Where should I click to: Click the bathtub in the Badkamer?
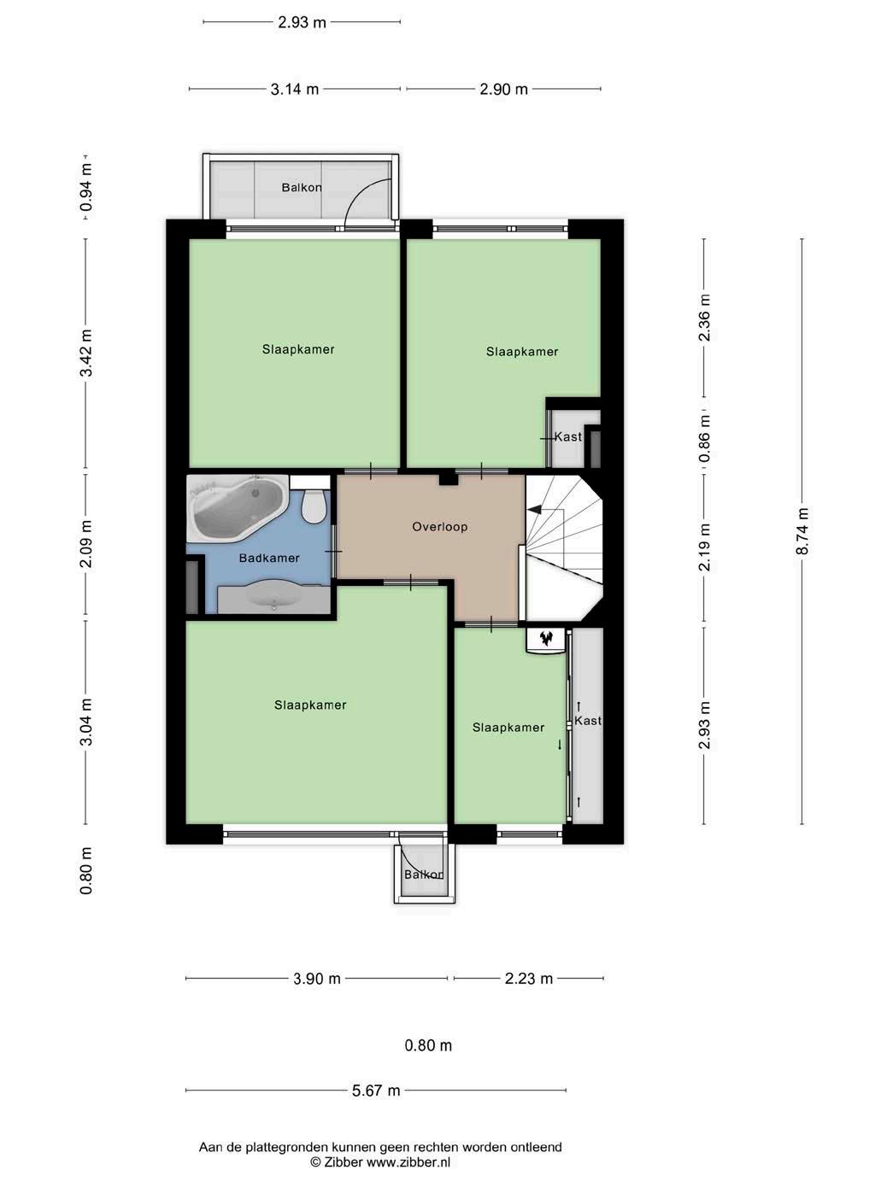[x=237, y=508]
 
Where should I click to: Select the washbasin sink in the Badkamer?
[x=274, y=597]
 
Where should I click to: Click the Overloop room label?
[x=439, y=527]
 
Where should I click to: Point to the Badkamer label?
[x=269, y=558]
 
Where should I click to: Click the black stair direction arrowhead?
[x=535, y=509]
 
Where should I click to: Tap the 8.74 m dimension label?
[x=802, y=531]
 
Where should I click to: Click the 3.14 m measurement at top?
[x=295, y=89]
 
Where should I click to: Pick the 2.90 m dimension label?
[x=503, y=89]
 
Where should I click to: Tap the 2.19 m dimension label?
[x=704, y=547]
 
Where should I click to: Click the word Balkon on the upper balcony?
[x=302, y=187]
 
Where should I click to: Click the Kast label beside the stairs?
[x=568, y=436]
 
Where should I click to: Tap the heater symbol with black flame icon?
[x=545, y=640]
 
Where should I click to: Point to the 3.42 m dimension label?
[x=85, y=353]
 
